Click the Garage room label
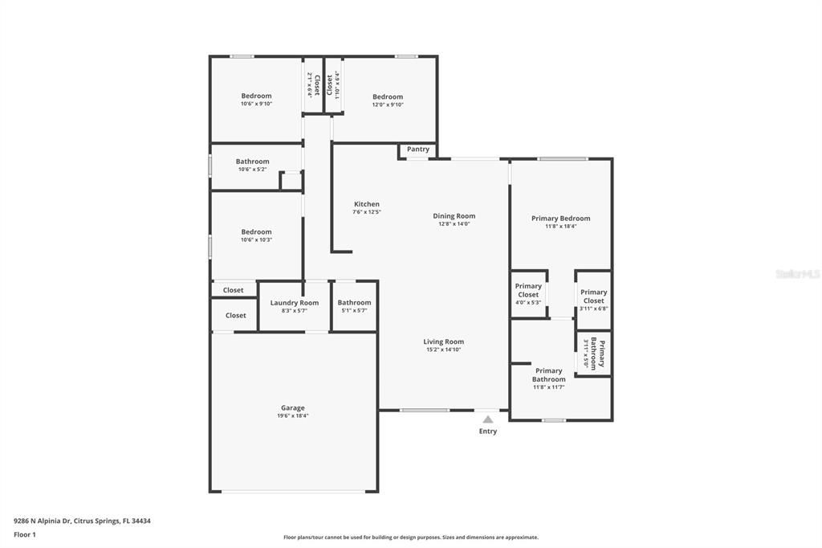[292, 408]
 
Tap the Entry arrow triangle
[487, 419]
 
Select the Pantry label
[417, 149]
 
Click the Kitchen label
[366, 204]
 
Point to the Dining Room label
[454, 216]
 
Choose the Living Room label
[443, 341]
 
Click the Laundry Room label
[294, 303]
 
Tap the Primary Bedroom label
[560, 219]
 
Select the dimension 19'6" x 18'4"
[292, 416]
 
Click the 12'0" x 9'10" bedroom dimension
[387, 104]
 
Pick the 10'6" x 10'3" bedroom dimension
[256, 239]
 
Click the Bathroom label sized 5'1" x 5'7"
[354, 303]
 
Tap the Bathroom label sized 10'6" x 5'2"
[252, 162]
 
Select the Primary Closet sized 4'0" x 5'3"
[528, 290]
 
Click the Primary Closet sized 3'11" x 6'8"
[593, 296]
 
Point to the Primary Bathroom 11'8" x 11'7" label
[548, 375]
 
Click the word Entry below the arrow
[487, 431]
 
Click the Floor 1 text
[25, 534]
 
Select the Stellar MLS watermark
[797, 274]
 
